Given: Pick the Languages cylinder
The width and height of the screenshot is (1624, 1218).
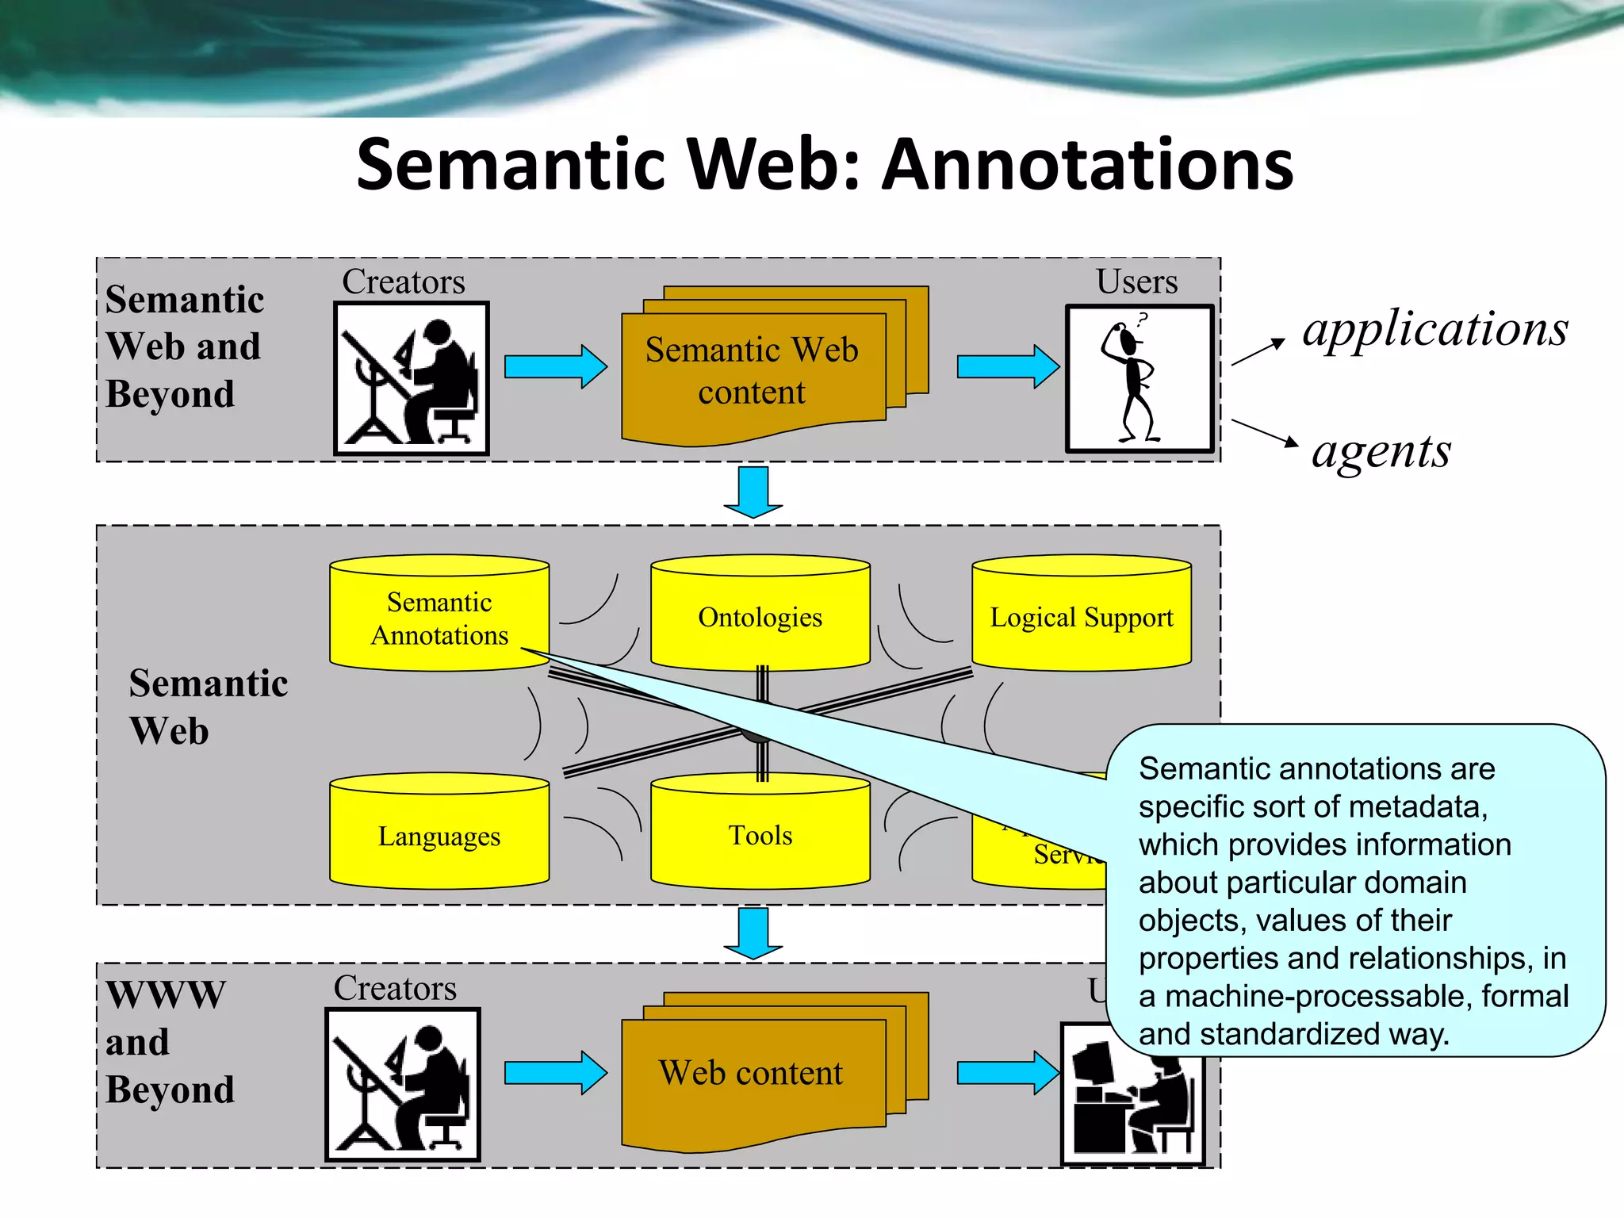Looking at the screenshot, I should (x=439, y=835).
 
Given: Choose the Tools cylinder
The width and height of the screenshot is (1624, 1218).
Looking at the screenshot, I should (x=760, y=835).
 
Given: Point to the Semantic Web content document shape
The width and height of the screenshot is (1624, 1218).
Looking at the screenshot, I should (x=752, y=371).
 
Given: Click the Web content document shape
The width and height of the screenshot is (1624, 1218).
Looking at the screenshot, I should (x=752, y=1074).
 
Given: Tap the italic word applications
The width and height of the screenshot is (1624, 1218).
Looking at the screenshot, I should (x=1435, y=328).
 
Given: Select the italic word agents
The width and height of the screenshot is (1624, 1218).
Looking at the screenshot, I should (x=1381, y=451).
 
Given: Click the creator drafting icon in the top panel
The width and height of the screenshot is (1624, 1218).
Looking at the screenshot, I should (x=411, y=379).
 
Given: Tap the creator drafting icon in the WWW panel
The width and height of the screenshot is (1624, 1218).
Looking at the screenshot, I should (x=402, y=1085).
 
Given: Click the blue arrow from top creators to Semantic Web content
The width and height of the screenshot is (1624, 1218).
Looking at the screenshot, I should (x=555, y=366).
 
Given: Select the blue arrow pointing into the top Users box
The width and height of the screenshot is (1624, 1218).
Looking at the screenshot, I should (x=1007, y=366).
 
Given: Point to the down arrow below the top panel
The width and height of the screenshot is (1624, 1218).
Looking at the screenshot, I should (x=753, y=492).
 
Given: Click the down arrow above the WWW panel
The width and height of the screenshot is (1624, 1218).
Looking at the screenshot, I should (x=753, y=933).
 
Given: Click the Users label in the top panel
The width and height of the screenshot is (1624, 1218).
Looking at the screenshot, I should (x=1136, y=282).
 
